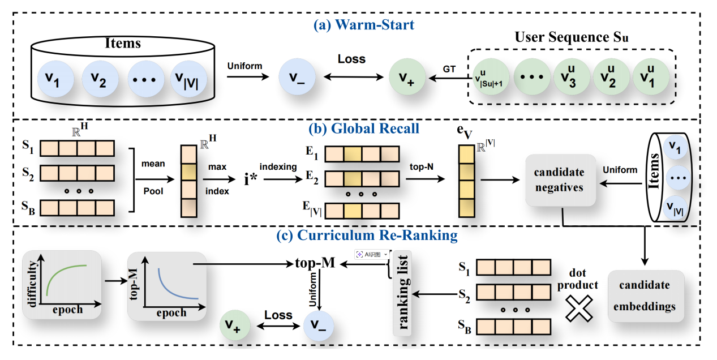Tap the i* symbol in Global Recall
[x=250, y=180]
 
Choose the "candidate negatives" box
[x=561, y=180]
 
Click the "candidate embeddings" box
[x=645, y=295]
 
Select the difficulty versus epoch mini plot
[x=62, y=285]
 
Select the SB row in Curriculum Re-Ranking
[x=514, y=328]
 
